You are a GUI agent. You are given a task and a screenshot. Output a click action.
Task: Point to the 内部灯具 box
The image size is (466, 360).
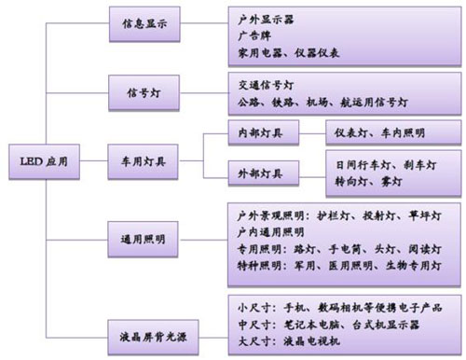click(262, 133)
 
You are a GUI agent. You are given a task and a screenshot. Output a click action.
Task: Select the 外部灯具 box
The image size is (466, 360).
click(262, 173)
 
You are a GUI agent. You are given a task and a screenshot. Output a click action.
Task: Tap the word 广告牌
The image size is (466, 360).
click(252, 35)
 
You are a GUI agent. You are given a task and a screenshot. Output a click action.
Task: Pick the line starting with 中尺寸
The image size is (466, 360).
click(322, 323)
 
